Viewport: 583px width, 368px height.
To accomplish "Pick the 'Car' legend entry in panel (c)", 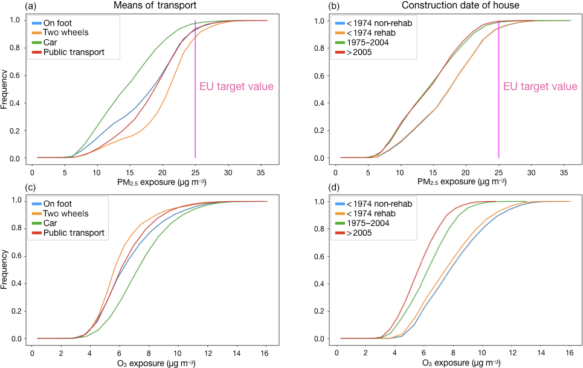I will [x=59, y=223].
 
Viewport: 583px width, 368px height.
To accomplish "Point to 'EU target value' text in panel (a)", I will [x=236, y=86].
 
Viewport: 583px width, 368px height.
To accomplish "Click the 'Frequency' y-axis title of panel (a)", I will [x=5, y=89].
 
